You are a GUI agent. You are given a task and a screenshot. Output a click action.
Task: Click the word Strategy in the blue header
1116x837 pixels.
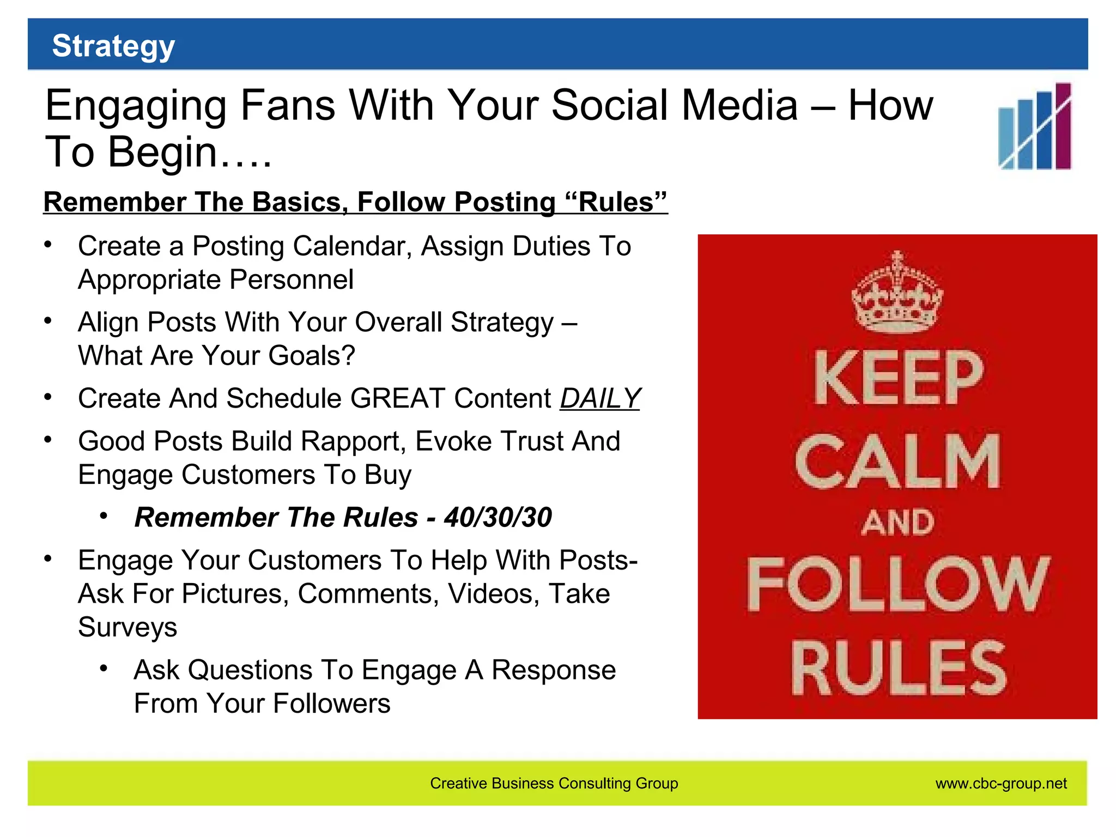click(113, 46)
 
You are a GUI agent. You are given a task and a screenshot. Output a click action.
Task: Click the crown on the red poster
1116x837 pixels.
click(897, 293)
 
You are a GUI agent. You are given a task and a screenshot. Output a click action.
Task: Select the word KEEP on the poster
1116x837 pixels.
click(899, 378)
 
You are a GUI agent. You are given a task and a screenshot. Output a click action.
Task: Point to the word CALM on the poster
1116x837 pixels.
click(897, 462)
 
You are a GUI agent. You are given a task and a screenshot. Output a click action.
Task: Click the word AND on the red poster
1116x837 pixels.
click(897, 522)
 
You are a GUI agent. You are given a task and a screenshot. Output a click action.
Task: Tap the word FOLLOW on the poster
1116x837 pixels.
click(897, 584)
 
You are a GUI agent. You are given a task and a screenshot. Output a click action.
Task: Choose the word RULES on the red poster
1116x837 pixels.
click(898, 668)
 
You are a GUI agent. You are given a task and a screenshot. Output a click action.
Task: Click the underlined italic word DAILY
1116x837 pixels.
click(599, 398)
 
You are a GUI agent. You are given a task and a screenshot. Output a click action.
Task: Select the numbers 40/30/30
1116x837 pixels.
click(498, 517)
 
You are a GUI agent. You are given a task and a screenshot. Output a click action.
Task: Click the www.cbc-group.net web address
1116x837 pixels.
click(1000, 784)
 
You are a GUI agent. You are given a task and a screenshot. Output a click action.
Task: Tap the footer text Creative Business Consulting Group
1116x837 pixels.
click(554, 784)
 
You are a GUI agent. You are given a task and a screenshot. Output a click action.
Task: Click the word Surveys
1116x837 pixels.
click(128, 627)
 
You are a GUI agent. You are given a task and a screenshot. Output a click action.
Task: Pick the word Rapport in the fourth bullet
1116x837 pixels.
click(353, 441)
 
